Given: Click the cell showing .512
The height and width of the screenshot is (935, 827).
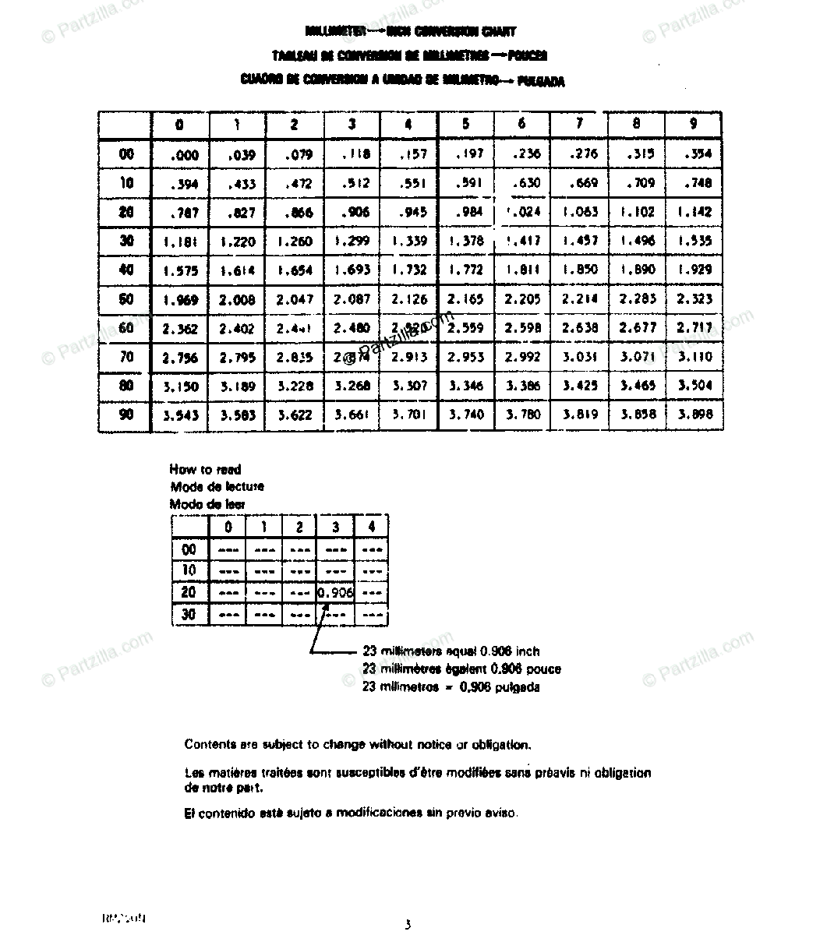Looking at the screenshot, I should [x=352, y=184].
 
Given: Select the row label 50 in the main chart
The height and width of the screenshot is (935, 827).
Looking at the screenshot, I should [x=126, y=299].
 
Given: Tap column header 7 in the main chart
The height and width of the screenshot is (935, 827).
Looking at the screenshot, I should [x=579, y=124].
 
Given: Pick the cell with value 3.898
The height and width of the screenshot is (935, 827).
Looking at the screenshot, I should [x=693, y=415].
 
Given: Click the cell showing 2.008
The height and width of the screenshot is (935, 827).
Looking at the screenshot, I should [x=237, y=299].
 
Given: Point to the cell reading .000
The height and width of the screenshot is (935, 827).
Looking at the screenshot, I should [x=184, y=155].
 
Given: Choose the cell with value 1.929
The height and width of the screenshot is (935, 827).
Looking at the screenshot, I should [x=693, y=270].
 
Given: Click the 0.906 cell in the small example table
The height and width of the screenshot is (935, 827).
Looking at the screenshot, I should [x=336, y=593].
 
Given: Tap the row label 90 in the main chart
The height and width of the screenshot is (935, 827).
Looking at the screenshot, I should [x=126, y=415].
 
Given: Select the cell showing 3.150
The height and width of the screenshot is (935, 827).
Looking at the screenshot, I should [x=181, y=386].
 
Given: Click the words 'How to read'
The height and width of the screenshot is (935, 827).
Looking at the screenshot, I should [x=205, y=469].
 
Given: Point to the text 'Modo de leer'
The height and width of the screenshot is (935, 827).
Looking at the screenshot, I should [x=207, y=504].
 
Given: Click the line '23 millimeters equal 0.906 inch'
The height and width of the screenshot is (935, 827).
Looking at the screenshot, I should [x=451, y=651].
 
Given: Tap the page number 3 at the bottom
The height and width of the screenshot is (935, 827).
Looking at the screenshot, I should [x=407, y=925].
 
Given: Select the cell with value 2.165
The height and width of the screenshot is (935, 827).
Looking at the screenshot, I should [x=465, y=299].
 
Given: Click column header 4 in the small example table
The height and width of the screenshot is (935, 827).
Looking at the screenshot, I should [x=372, y=527].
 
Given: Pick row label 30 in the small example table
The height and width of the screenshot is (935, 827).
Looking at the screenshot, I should [x=189, y=615].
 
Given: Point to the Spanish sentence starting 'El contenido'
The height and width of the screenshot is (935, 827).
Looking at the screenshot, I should [x=351, y=813].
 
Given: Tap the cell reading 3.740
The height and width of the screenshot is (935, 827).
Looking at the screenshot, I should [x=465, y=415].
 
